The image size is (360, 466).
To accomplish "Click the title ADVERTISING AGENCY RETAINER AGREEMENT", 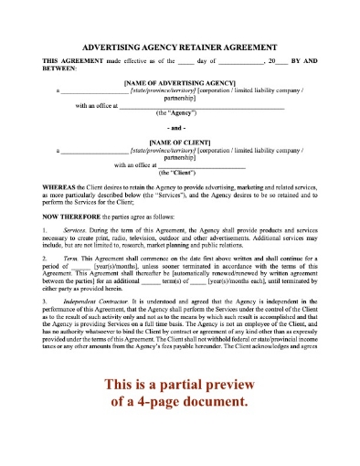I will (180, 44).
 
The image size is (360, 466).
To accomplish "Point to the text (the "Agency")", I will (180, 114).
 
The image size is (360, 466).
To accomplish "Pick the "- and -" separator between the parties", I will (180, 130).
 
